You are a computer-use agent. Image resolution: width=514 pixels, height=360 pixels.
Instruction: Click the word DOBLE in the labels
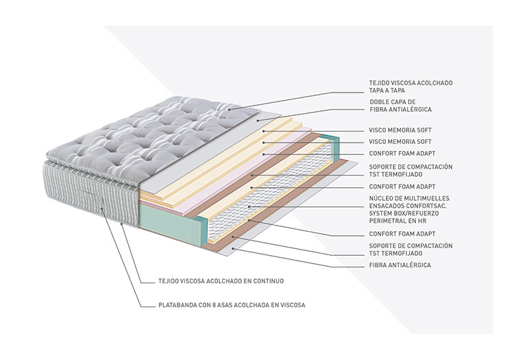380,101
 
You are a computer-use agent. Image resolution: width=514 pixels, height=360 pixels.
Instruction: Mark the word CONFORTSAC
432,206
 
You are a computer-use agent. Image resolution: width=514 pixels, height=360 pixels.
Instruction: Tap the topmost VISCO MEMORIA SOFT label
400,130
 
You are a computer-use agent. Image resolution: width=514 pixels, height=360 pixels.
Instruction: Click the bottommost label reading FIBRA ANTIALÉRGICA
400,265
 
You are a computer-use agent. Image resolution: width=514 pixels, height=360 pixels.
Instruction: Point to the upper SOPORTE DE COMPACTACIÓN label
411,167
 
